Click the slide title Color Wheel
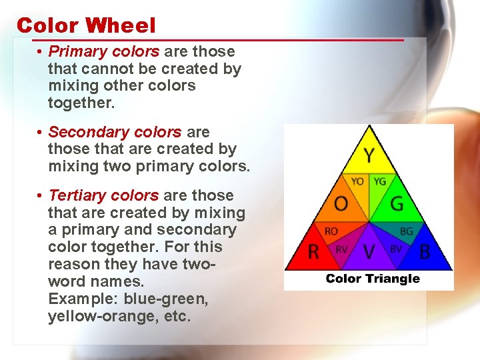86,25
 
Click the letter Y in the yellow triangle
369,156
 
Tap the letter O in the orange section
341,203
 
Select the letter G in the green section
397,203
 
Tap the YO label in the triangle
357,181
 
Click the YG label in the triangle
379,181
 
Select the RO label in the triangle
331,232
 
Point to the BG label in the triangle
406,232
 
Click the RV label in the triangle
341,250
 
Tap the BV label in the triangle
396,250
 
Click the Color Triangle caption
373,278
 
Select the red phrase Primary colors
104,51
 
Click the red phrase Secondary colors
115,132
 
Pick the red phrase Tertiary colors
104,195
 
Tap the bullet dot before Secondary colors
41,132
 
